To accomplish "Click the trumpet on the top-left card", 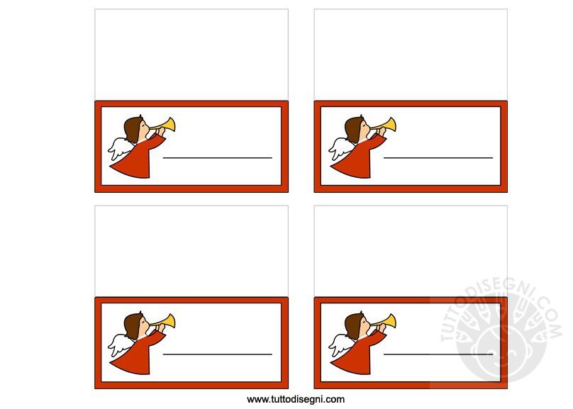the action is [165, 125].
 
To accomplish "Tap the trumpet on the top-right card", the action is [386, 125].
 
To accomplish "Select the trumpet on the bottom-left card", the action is [165, 322].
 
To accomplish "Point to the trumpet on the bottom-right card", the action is [386, 322].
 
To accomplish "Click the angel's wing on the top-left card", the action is [119, 148].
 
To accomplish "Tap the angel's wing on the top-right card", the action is [340, 148].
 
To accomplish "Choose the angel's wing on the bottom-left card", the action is [119, 344].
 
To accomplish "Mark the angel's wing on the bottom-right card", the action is [340, 344].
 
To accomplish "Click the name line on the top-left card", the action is [218, 158].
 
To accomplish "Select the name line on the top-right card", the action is [438, 158].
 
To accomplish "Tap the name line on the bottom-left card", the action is [218, 354].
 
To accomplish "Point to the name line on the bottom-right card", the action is [438, 354].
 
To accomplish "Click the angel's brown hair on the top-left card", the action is [133, 128].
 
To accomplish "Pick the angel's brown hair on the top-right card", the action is [353, 128].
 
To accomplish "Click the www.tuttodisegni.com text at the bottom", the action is [296, 400].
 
